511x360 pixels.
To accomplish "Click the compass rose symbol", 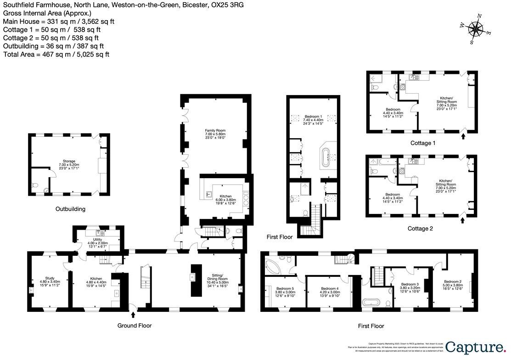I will click(x=476, y=29).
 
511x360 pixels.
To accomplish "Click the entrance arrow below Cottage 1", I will click(x=462, y=136).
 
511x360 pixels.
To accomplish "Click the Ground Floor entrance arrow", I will click(x=133, y=315).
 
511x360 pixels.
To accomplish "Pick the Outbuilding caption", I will click(x=70, y=209).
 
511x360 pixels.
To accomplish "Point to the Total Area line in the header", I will click(x=56, y=54).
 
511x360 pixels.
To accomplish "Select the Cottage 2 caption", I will click(x=420, y=228).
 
